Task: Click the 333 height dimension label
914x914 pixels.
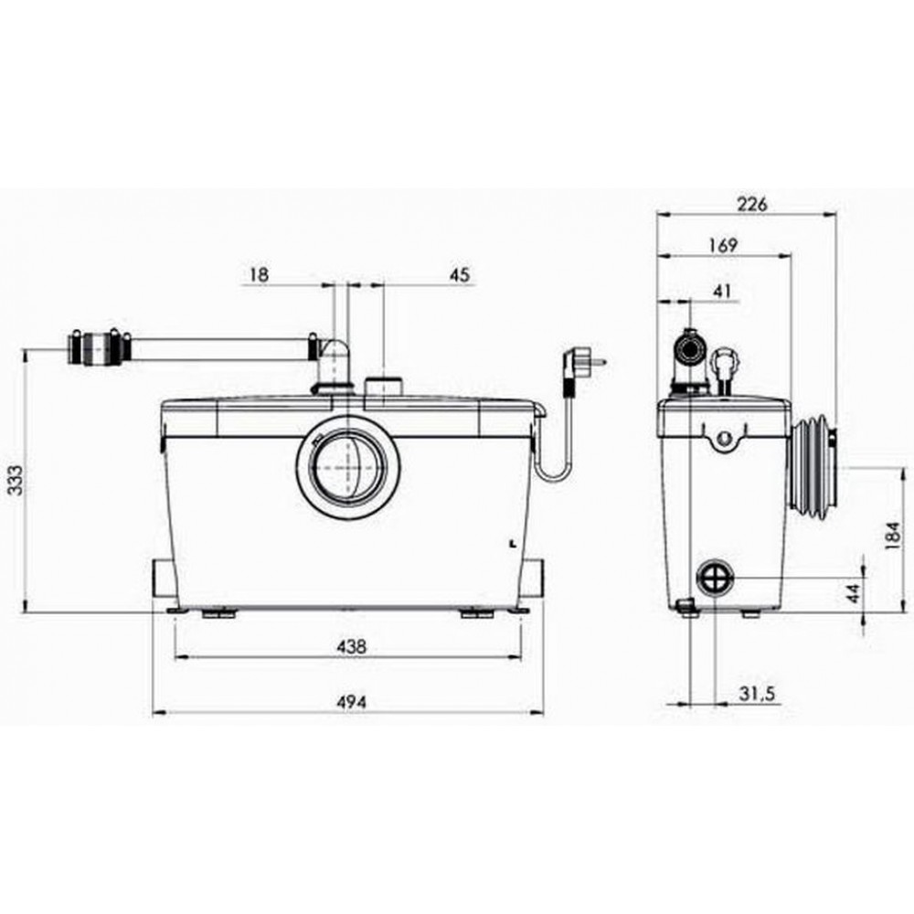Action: (16, 480)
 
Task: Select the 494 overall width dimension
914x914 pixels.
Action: (352, 703)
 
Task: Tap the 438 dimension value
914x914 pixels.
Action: (352, 646)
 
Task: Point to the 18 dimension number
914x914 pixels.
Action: (260, 274)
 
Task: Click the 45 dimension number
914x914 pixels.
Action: (460, 274)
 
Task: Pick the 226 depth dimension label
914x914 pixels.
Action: (752, 205)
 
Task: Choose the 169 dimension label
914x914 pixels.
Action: (723, 245)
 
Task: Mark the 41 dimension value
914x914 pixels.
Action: (722, 291)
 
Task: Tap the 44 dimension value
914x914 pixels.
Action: (853, 594)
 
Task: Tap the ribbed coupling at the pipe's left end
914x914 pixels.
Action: (98, 347)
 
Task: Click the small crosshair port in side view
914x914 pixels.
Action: (715, 577)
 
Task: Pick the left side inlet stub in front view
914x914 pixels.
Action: (165, 579)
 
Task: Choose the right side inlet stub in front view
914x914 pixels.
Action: (532, 577)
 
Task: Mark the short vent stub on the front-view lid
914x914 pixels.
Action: (383, 386)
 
